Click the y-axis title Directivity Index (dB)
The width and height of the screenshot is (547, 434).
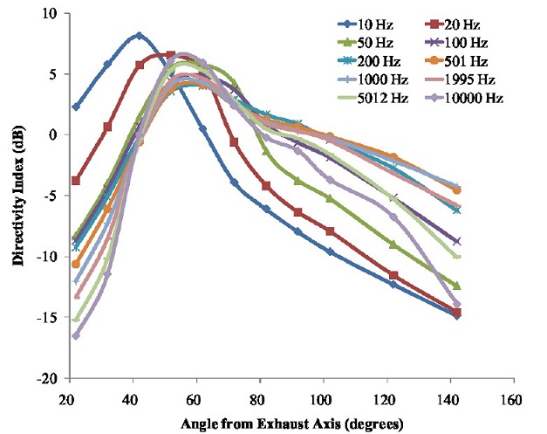coord(17,194)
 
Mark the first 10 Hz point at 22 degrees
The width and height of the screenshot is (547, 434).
coord(76,107)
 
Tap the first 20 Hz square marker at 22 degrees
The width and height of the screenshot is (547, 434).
coord(76,181)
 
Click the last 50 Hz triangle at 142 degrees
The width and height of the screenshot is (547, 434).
coord(456,286)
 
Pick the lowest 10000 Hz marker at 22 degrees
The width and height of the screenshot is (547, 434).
coord(76,335)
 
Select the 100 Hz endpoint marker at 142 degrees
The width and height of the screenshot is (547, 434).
coord(456,241)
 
